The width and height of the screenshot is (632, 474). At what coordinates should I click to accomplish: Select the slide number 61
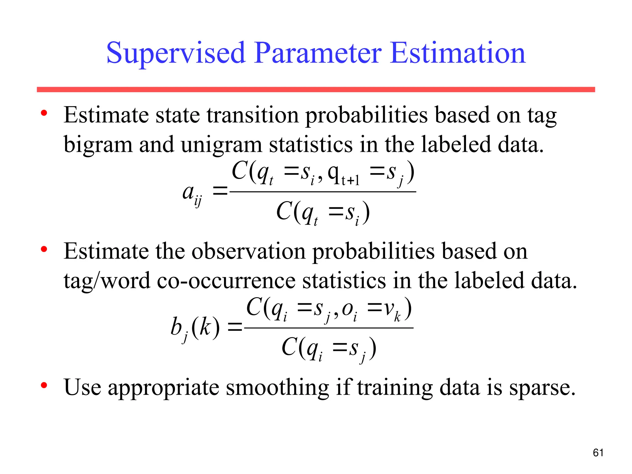[x=598, y=453]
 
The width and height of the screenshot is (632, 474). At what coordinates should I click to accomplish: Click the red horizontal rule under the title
[x=316, y=89]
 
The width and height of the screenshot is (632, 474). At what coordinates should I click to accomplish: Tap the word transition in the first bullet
[x=252, y=115]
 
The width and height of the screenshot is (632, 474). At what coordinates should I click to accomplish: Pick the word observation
[x=248, y=252]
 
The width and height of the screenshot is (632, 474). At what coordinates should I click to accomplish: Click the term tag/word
[x=106, y=281]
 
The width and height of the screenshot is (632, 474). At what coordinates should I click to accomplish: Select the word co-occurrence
[x=226, y=281]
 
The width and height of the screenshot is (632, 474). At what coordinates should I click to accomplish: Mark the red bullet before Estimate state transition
[x=44, y=113]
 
